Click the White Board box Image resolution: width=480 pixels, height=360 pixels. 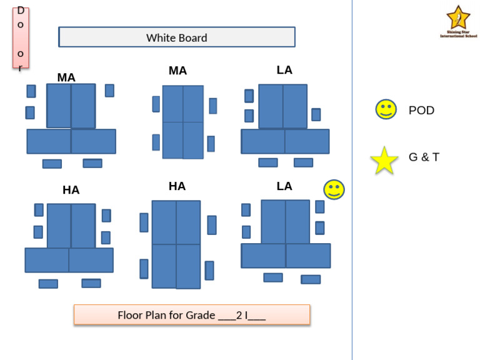177,37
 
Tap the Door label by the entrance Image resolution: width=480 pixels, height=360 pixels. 21,37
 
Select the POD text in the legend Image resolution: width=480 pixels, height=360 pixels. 421,111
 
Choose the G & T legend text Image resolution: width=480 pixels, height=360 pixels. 424,157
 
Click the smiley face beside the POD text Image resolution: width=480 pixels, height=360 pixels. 386,109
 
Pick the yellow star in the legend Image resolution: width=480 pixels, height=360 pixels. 384,161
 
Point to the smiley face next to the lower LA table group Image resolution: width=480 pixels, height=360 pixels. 334,189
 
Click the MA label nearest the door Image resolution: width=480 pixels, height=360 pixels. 66,77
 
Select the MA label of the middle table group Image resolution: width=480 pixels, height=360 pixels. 177,71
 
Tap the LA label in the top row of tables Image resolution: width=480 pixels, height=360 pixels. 284,70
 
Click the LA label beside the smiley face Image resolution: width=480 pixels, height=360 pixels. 284,186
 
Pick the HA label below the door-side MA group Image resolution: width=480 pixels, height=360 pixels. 71,191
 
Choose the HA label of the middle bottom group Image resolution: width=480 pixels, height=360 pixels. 177,186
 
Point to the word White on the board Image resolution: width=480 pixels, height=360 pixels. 160,38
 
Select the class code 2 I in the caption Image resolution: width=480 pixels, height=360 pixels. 242,315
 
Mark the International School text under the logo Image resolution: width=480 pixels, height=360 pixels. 458,36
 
